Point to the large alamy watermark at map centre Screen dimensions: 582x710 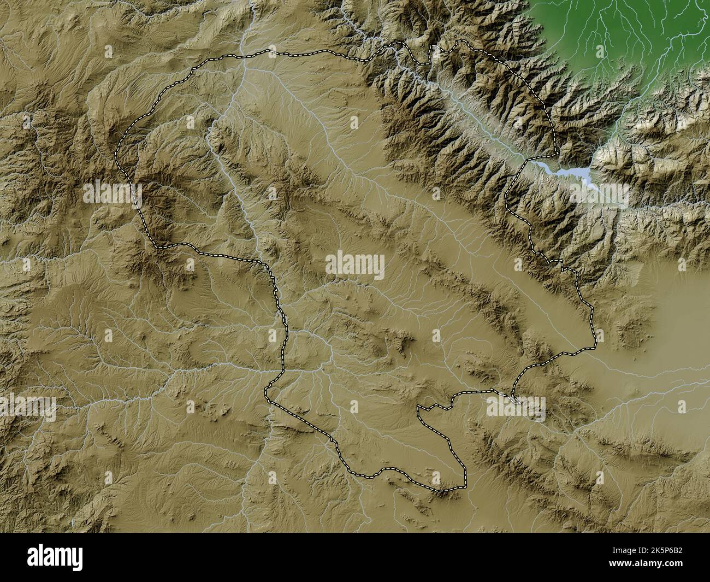click(x=355, y=267)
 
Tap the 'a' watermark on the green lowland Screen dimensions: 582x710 click(x=600, y=51)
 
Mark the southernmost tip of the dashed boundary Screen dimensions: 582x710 click(x=440, y=491)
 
